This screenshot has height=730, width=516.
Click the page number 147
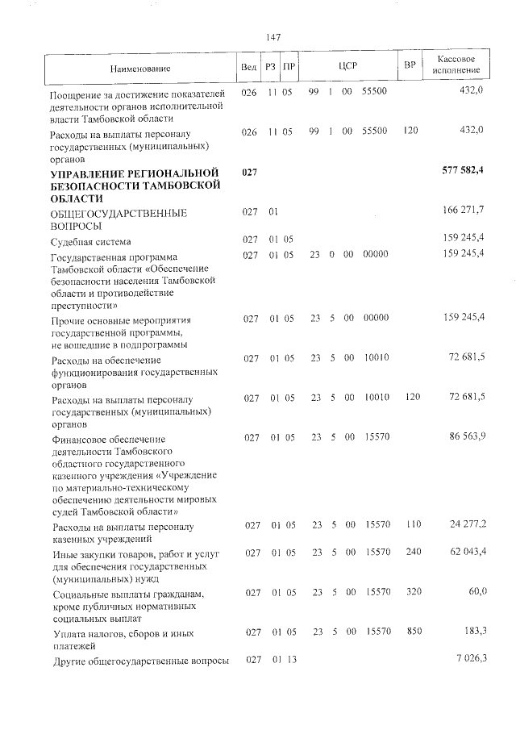(273, 37)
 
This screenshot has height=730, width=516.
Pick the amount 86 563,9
(465, 437)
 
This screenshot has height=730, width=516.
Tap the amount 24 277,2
(465, 525)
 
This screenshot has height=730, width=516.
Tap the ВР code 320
(414, 592)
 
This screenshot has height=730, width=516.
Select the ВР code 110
(414, 525)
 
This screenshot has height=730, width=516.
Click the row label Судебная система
(90, 241)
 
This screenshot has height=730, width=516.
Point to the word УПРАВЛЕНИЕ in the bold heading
(92, 173)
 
